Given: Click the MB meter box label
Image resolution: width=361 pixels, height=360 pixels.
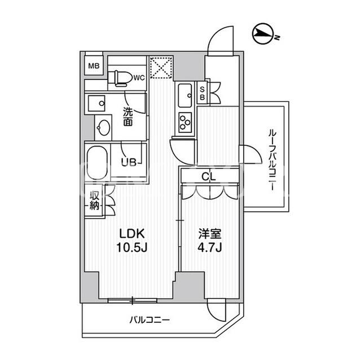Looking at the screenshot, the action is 94,66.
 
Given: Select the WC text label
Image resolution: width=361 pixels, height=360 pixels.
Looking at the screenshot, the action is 139,78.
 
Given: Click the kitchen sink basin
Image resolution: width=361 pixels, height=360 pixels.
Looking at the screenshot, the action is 185,95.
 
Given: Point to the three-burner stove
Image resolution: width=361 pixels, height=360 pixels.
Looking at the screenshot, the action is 185,122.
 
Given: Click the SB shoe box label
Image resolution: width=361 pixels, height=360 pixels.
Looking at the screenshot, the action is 202,93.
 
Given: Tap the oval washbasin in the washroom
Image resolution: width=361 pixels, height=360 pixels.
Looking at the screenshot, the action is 103,128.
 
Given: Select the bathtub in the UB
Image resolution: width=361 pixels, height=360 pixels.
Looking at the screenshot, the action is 97,163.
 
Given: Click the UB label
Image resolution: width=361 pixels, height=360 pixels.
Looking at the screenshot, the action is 129,162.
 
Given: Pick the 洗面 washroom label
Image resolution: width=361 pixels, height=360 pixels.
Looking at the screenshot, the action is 128,117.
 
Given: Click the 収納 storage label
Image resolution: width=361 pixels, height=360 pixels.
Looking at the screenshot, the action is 94,200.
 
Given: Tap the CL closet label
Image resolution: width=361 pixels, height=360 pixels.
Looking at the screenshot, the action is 209,176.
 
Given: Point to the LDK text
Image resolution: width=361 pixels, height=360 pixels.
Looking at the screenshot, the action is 131,234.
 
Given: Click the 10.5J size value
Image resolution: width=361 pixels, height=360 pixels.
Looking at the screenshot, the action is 131,247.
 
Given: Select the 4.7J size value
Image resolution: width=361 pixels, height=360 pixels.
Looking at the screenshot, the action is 210,247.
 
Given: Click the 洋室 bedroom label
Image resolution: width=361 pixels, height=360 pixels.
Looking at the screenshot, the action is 210,234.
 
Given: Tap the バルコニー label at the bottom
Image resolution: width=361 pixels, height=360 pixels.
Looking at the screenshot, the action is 149,320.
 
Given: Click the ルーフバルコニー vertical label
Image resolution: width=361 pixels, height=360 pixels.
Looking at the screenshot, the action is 272,160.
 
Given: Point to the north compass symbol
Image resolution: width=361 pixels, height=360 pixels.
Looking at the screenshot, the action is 263,34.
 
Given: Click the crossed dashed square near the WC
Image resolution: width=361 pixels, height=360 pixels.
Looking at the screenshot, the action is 161,67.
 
